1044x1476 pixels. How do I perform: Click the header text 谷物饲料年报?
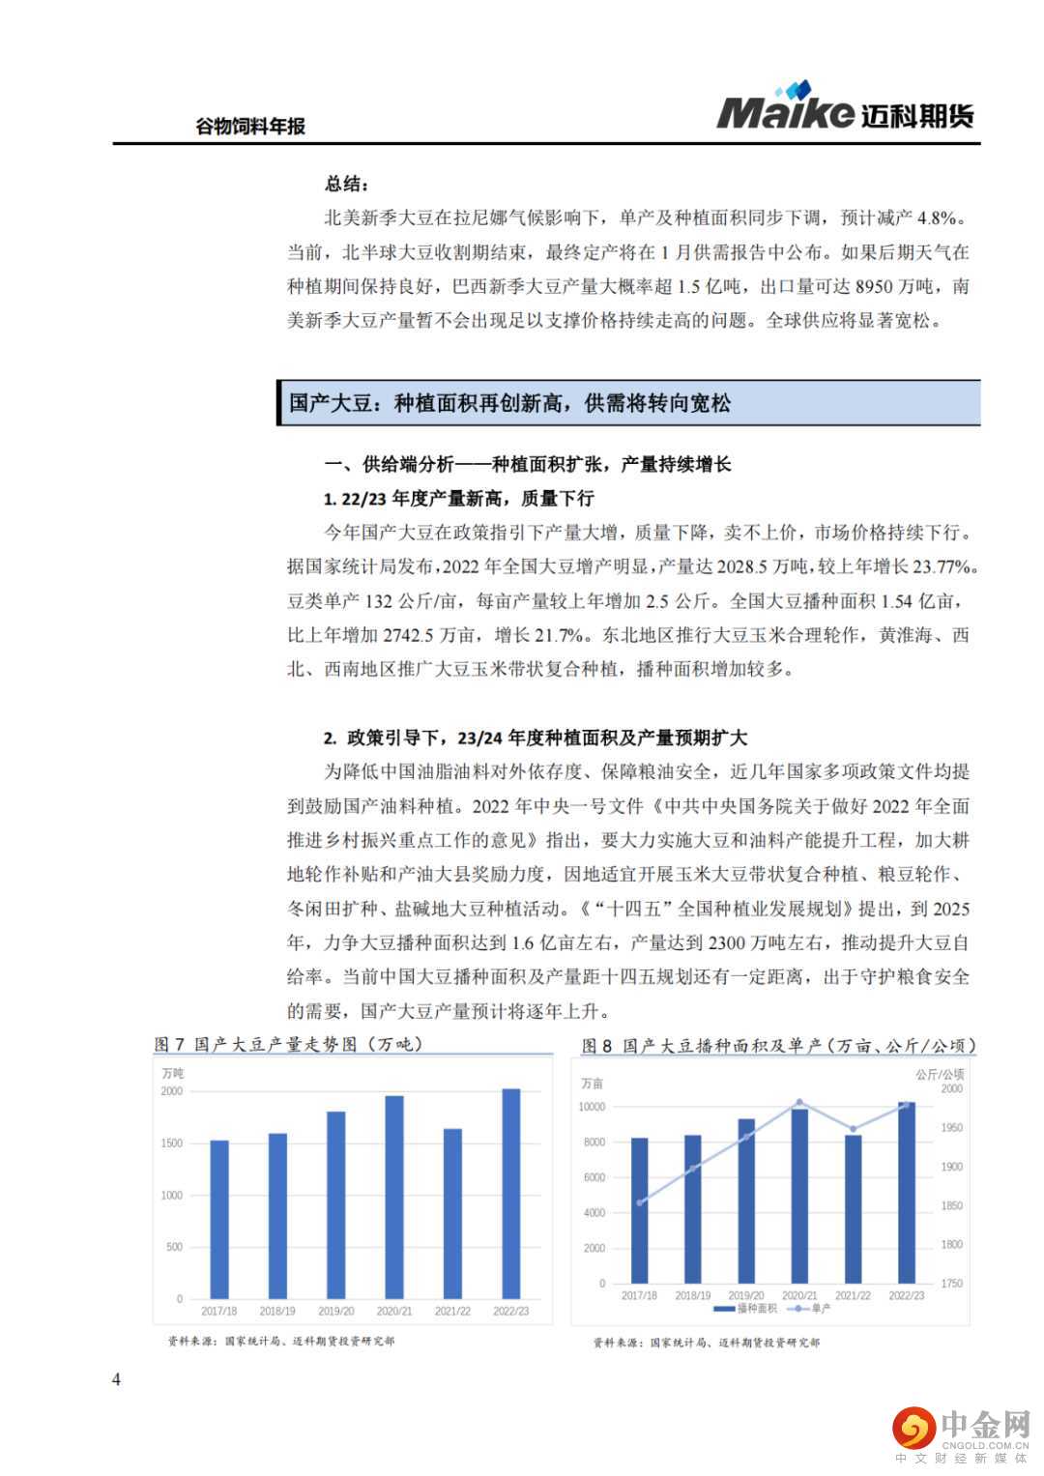coord(250,127)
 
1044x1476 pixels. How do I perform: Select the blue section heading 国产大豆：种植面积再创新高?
coord(510,403)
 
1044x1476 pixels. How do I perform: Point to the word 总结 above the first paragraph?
coord(345,184)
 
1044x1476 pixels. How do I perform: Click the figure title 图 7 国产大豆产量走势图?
coord(288,1045)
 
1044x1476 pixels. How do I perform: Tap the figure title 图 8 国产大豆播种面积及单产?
coord(778,1046)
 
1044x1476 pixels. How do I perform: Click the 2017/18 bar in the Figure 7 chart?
coord(219,1219)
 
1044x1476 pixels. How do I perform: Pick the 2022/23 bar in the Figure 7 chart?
coord(511,1194)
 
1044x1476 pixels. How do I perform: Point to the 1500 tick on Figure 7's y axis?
coord(171,1143)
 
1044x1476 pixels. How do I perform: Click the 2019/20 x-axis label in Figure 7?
coord(335,1312)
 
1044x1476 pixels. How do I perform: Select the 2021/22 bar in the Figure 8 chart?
coord(853,1208)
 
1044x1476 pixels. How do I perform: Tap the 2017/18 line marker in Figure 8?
coord(640,1202)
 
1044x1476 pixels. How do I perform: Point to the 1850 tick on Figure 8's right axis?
coord(951,1206)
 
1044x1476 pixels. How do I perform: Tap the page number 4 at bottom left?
coord(117,1379)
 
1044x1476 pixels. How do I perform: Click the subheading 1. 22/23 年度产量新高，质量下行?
coord(458,499)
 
